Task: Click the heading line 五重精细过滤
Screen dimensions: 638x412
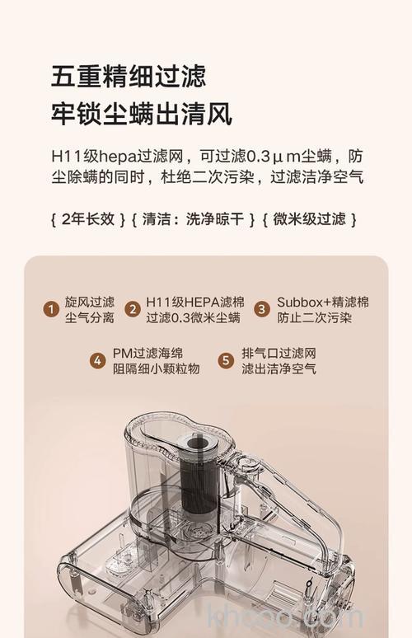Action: [x=128, y=77]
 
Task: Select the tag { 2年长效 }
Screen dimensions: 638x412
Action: [x=87, y=219]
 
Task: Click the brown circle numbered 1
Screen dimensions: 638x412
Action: [x=50, y=310]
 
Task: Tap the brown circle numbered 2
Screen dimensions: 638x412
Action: [x=132, y=310]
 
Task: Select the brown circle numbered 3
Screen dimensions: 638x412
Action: [x=261, y=310]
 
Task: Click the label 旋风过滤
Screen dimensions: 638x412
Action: [x=89, y=302]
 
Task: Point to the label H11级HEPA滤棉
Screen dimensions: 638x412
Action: [x=194, y=302]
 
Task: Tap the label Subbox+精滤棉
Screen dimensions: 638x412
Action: [x=322, y=302]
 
